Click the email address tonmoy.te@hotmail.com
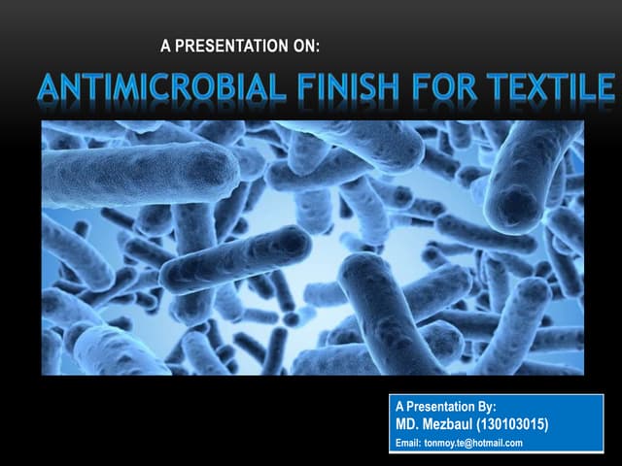[473, 444]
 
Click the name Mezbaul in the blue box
[452, 425]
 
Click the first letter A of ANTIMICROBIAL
[50, 90]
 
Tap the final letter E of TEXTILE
[605, 90]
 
